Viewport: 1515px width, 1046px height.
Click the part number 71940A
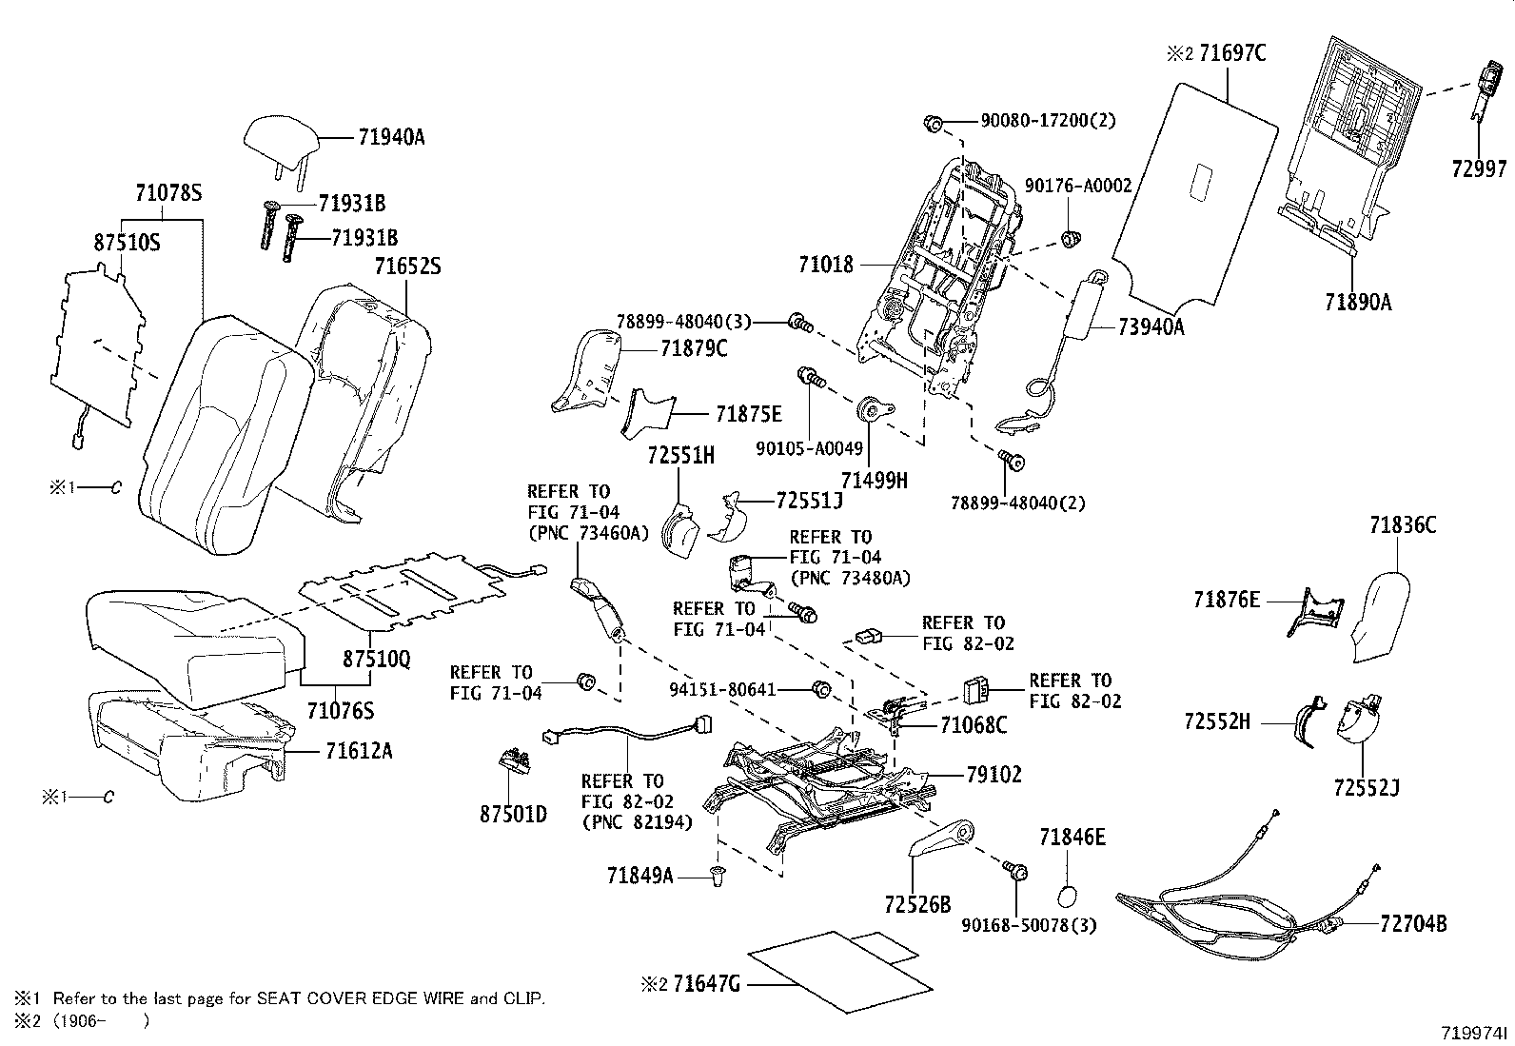391,137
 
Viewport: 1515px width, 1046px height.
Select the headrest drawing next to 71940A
282,142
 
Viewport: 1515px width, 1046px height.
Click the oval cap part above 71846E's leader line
1070,897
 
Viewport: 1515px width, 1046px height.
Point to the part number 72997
1479,169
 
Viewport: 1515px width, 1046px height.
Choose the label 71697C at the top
1232,53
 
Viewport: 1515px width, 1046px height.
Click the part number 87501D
513,815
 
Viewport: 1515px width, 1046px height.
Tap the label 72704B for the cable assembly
1412,922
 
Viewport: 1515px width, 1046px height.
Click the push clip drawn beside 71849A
718,876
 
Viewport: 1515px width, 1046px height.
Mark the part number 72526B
916,904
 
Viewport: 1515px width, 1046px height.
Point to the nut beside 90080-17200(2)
934,122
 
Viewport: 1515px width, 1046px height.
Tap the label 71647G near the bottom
706,983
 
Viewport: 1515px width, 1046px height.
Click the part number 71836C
1403,524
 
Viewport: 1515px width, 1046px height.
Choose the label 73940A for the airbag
1151,326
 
